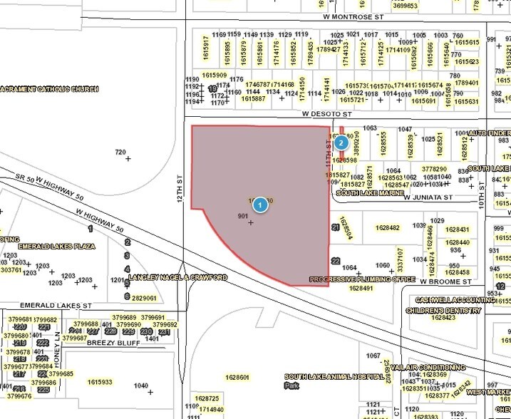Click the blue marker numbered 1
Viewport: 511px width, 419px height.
pos(261,205)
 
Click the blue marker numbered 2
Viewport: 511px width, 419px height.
pos(341,143)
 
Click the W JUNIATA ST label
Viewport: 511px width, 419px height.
pos(428,197)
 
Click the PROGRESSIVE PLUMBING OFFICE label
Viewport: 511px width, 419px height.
pos(363,279)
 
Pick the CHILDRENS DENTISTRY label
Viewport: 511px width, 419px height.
pos(441,311)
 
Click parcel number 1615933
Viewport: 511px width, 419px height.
pos(100,382)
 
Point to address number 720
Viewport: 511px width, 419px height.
pos(120,152)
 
